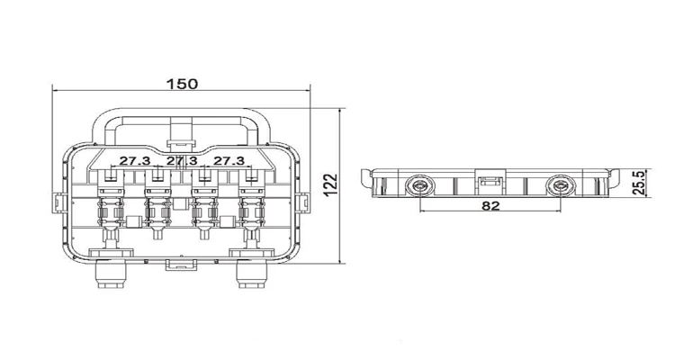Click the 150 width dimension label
pos(183,84)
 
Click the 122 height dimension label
pos(330,185)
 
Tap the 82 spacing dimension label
pos(490,206)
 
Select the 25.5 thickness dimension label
pos(639,183)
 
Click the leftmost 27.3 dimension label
pos(135,161)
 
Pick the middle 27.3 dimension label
pos(182,161)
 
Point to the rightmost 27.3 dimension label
pos(229,161)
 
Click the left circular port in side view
pos(419,186)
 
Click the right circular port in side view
pos(560,186)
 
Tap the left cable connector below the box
pos(111,274)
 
